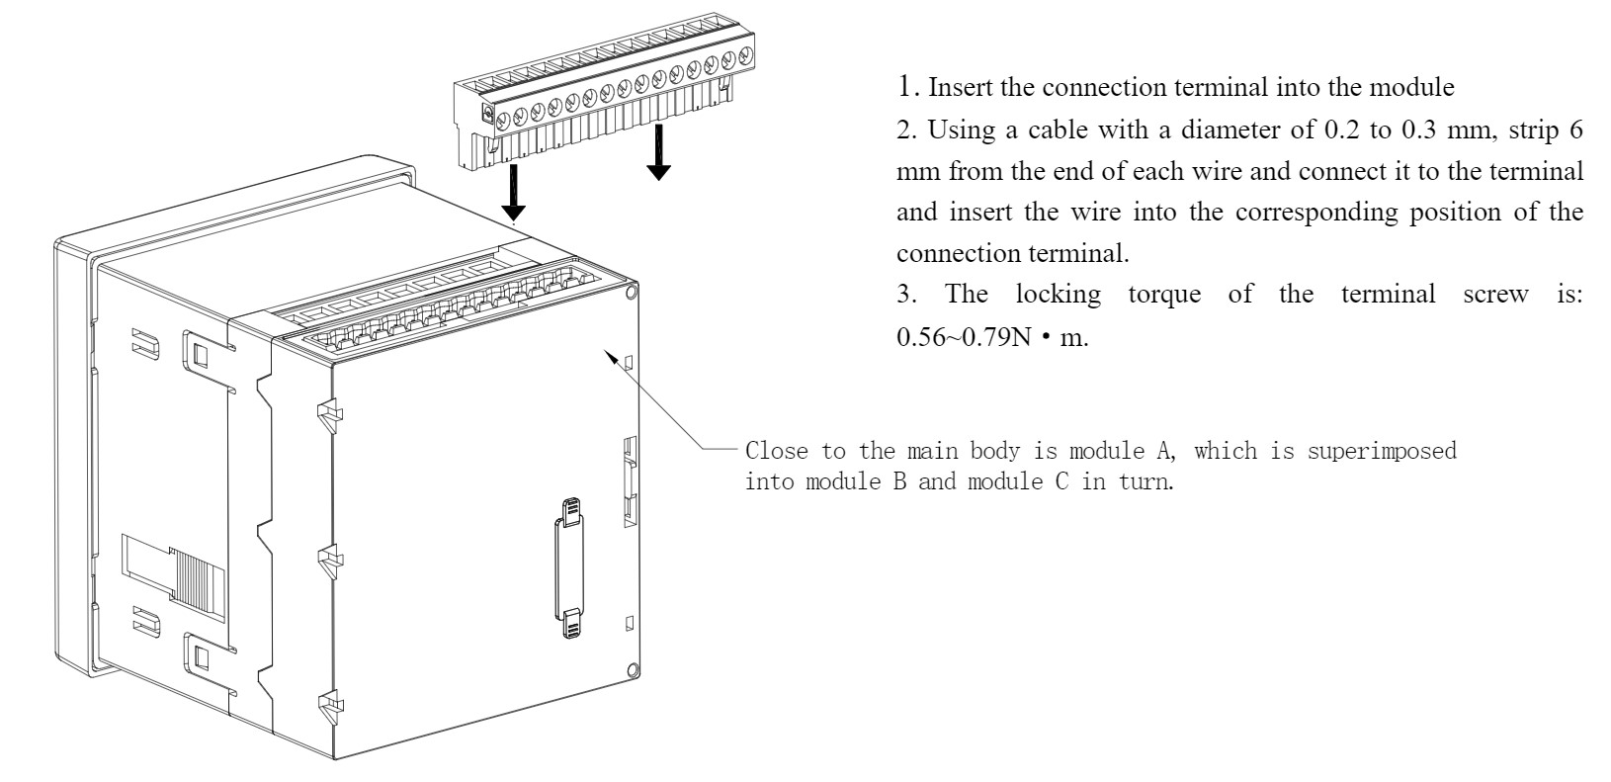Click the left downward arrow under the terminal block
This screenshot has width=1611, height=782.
tap(513, 195)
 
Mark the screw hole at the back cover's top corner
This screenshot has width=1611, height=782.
tap(632, 292)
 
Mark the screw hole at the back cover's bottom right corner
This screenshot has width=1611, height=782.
tap(632, 669)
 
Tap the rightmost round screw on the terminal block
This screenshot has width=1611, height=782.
tap(745, 55)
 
